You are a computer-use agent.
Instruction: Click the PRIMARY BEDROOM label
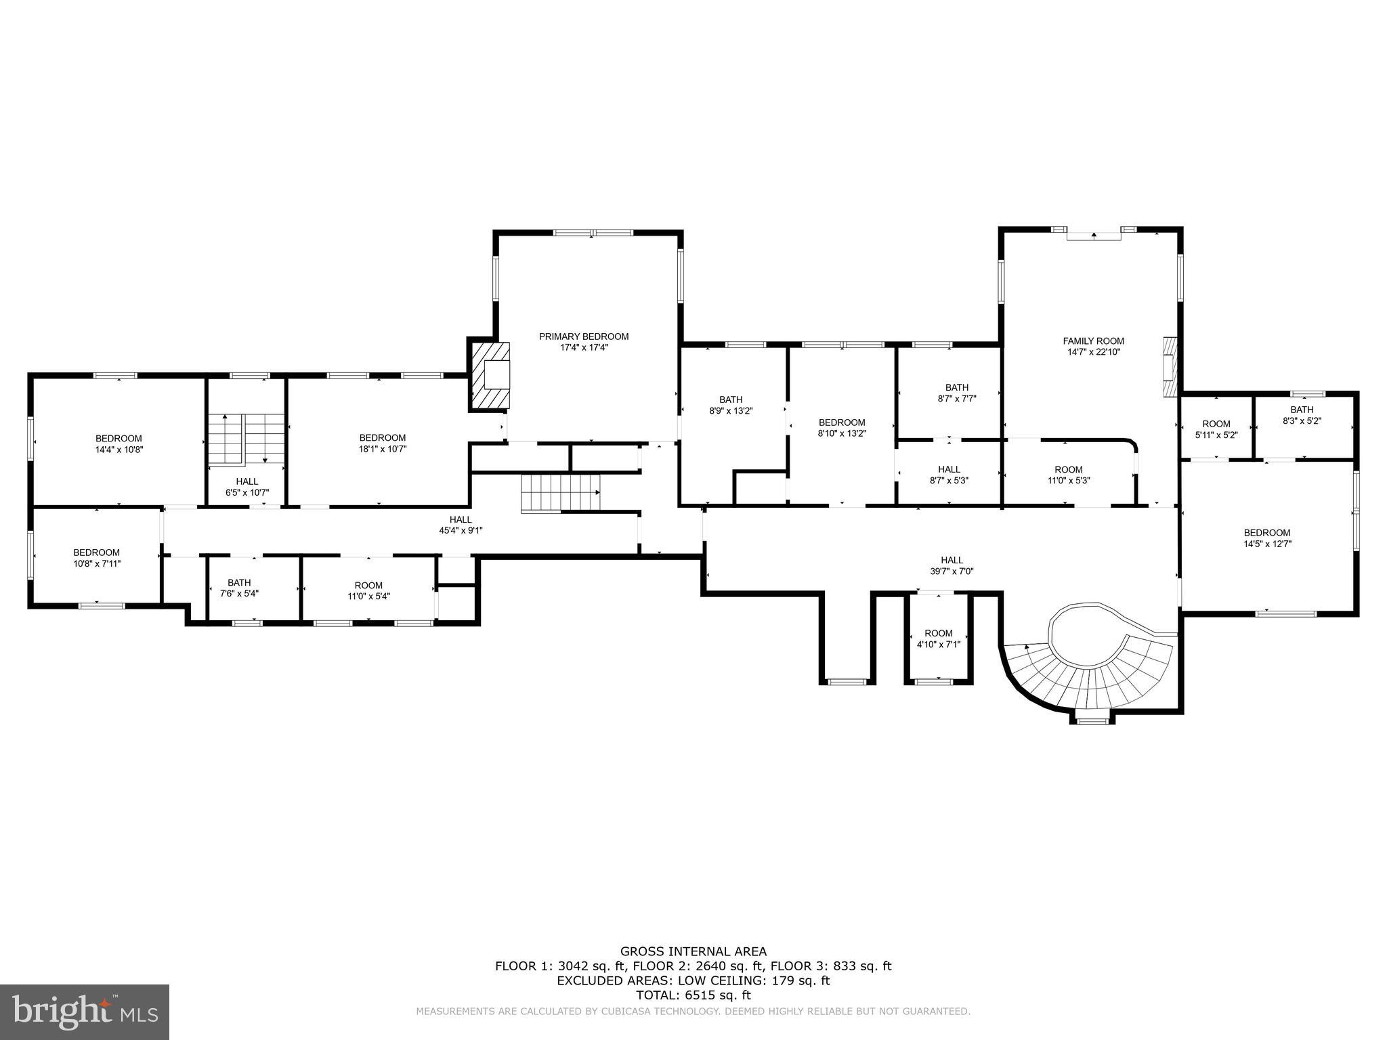pos(583,337)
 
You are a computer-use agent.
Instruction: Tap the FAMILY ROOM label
pos(1093,341)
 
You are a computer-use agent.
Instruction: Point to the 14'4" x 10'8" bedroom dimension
pos(119,449)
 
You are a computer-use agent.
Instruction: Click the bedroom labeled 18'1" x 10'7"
pos(383,443)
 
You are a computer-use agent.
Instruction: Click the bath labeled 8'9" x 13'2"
pos(731,405)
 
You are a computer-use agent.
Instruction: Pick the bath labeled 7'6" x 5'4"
pos(239,588)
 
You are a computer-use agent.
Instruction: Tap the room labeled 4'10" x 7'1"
pos(938,638)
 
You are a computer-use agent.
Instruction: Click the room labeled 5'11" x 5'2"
pos(1216,429)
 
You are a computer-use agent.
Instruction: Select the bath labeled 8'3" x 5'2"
pos(1301,414)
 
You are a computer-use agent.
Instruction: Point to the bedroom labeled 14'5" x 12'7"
pos(1266,538)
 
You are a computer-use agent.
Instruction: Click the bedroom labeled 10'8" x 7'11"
pos(96,557)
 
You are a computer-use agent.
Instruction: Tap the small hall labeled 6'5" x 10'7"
pos(247,486)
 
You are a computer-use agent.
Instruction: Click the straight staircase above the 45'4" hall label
pos(560,493)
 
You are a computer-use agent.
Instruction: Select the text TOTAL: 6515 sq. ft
pos(693,995)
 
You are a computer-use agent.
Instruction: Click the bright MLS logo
pos(85,1012)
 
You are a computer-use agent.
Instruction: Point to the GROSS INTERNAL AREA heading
pos(693,951)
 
